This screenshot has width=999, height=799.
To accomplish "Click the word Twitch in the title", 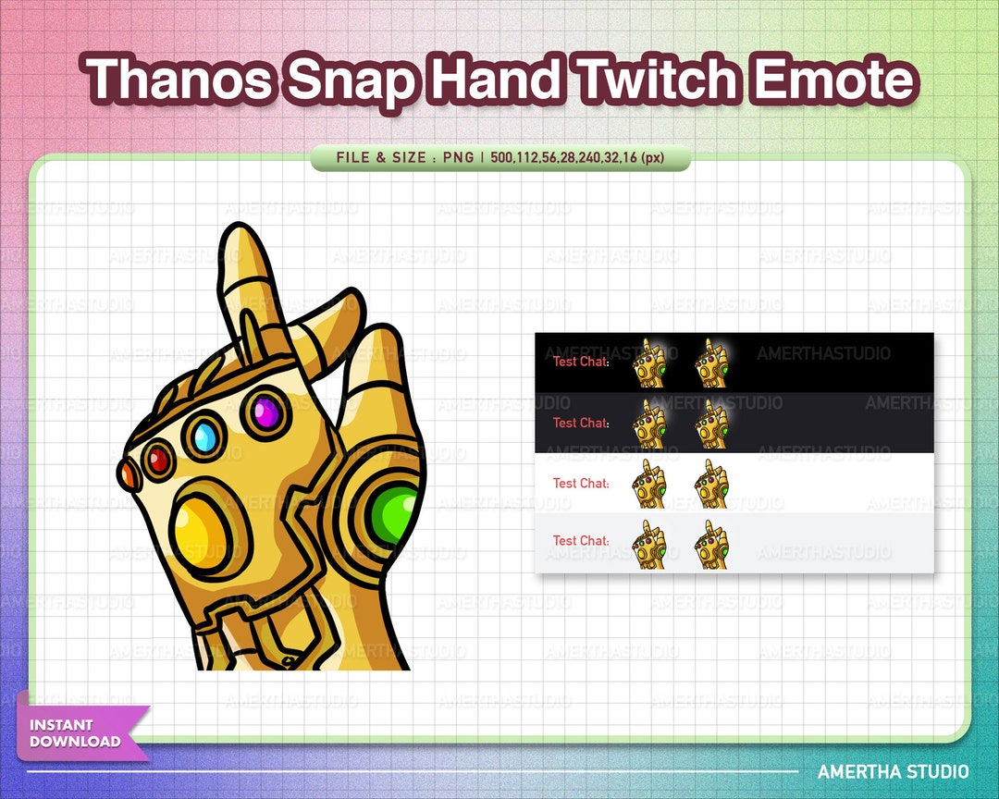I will tap(659, 80).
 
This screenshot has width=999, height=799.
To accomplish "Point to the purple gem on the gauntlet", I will tap(266, 412).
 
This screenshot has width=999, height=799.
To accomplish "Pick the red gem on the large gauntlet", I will tap(158, 458).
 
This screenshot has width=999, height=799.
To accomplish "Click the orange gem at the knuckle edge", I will tap(128, 474).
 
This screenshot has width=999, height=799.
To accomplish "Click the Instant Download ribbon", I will tap(80, 733).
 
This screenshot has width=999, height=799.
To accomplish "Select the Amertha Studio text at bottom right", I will tap(893, 771).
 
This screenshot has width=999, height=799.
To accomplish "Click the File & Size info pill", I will tap(499, 158).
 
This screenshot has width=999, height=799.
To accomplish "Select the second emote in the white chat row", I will tap(711, 486).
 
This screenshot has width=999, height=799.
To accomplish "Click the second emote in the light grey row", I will tap(711, 545).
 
